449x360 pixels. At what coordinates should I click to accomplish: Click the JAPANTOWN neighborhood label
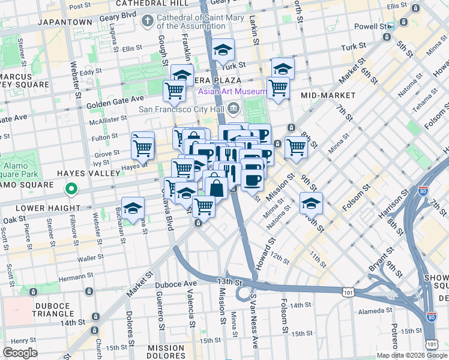[65, 22]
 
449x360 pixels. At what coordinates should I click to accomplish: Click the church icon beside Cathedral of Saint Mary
[146, 22]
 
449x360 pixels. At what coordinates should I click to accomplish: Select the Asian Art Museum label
[232, 91]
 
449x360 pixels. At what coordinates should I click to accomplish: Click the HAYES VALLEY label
[30, 173]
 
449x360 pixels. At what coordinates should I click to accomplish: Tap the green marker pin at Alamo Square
[71, 190]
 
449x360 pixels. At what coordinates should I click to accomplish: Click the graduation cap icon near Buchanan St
[133, 208]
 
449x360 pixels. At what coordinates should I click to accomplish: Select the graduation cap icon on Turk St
[223, 50]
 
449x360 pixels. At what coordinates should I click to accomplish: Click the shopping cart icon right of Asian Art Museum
[278, 87]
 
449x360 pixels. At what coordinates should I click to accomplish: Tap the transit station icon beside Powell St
[391, 27]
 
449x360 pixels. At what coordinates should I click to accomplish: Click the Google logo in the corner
[20, 353]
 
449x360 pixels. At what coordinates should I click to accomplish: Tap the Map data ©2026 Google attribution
[411, 355]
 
